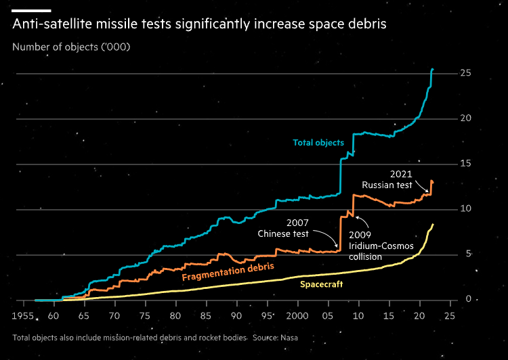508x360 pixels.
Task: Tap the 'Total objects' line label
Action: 318,143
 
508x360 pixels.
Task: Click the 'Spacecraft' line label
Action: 321,284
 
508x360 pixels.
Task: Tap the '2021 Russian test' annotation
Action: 387,179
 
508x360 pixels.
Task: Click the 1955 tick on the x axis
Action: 24,316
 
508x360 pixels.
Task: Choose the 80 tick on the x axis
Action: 175,316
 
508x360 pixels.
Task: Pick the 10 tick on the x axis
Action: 358,316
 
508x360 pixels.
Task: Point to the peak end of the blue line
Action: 433,69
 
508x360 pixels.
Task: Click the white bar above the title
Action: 32,11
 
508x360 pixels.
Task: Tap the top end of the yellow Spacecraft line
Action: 433,225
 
